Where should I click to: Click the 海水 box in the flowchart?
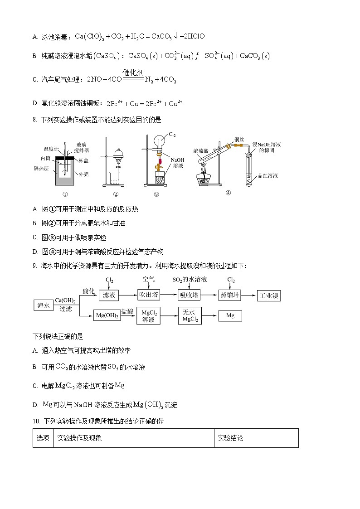[x=43, y=305]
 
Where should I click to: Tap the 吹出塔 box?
[x=148, y=296]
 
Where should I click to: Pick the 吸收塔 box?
[x=189, y=296]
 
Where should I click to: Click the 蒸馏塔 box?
[x=229, y=296]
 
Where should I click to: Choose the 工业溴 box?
[x=268, y=296]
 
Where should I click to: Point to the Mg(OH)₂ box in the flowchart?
[x=107, y=315]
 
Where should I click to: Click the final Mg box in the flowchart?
[x=230, y=315]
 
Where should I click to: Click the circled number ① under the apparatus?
[x=65, y=194]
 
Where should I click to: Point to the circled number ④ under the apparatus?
[x=228, y=192]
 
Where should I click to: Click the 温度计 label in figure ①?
[x=50, y=149]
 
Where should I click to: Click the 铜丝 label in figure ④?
[x=239, y=139]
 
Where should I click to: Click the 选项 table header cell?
[x=43, y=438]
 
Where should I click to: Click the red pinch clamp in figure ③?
[x=160, y=149]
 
